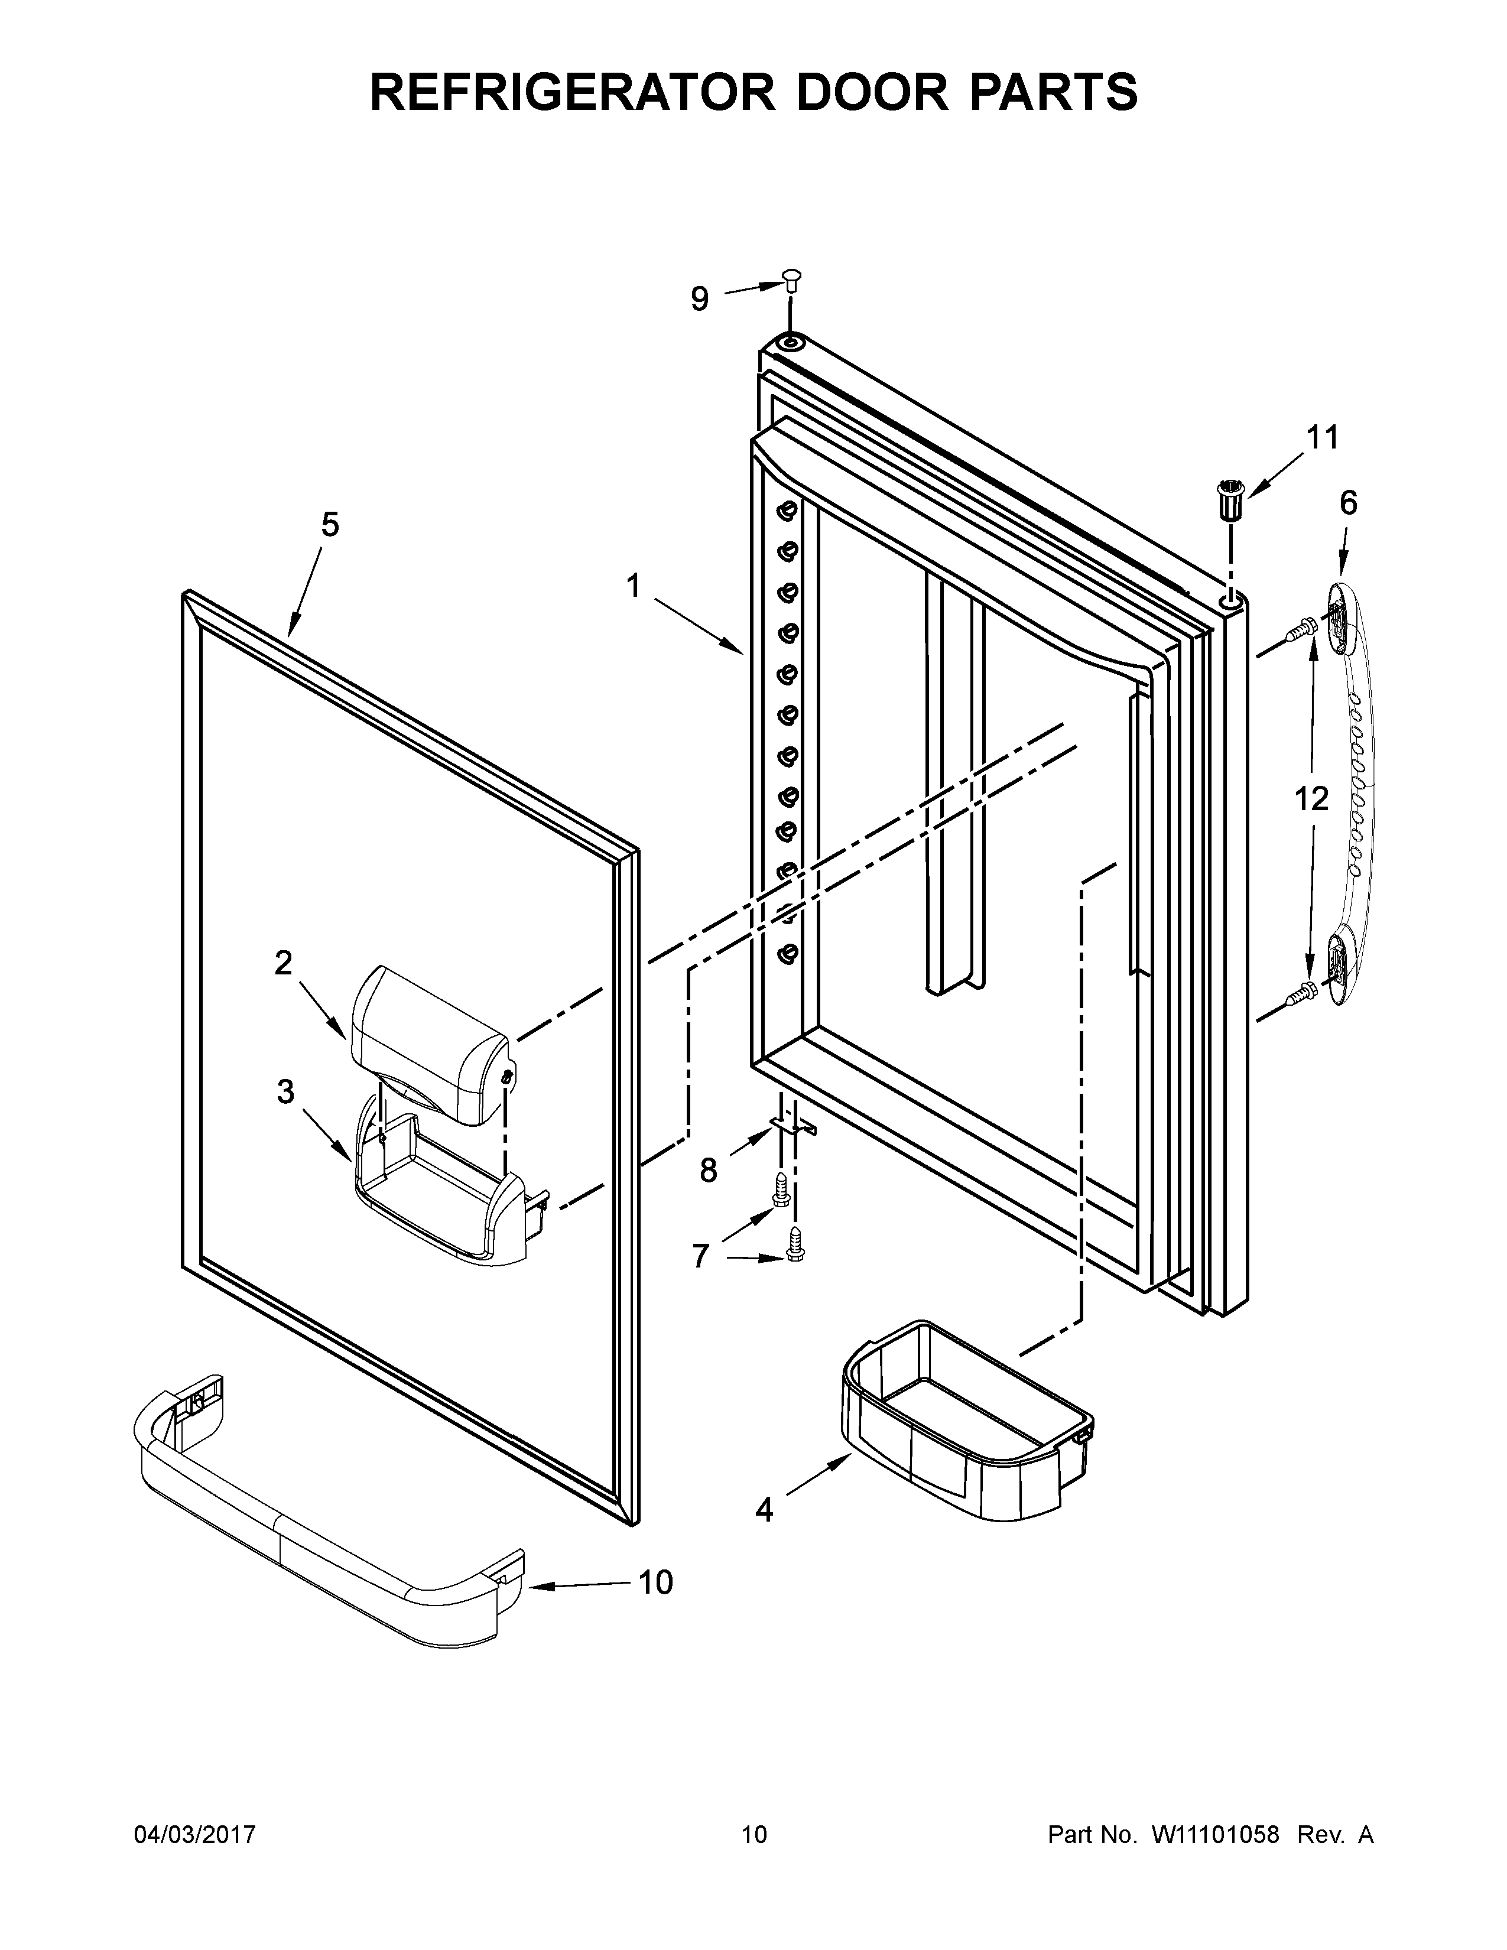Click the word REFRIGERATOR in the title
point(571,92)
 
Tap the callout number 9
point(700,299)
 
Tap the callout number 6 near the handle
point(1348,503)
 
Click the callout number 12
point(1311,798)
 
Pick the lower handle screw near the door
point(1300,990)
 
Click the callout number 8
point(708,1169)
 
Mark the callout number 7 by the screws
point(700,1255)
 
